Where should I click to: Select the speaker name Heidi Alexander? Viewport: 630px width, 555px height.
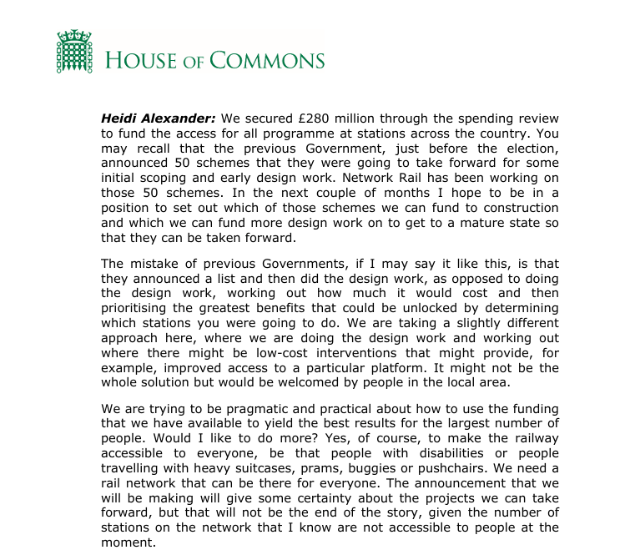(x=159, y=119)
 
